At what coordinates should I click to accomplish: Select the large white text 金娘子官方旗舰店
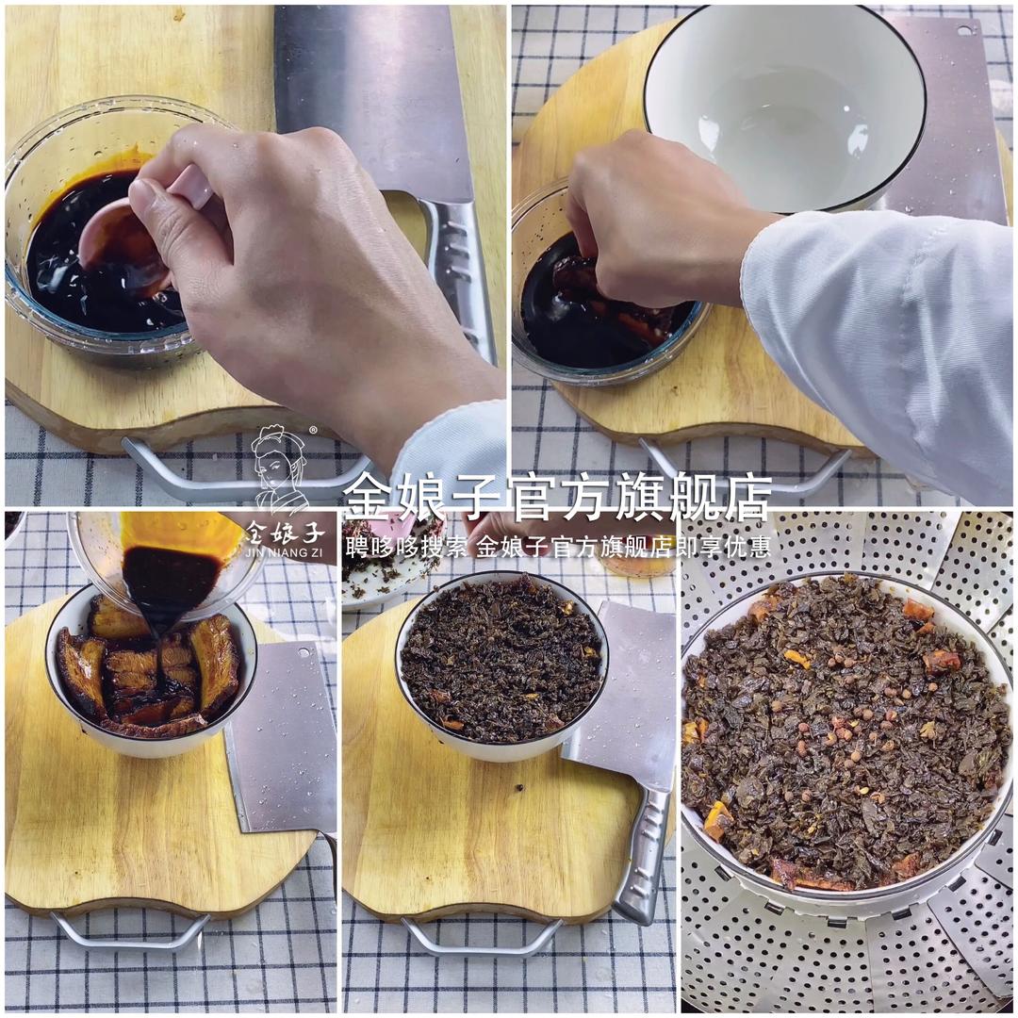click(557, 497)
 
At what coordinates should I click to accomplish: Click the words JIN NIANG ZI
click(284, 552)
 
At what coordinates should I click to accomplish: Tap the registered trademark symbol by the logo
click(313, 430)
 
